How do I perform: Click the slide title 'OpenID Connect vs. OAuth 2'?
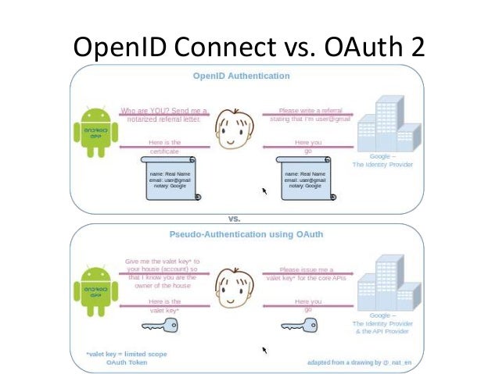(x=249, y=48)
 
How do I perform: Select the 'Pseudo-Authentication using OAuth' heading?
(x=247, y=233)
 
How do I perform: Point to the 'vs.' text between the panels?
(x=234, y=219)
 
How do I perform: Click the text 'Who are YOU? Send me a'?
(x=163, y=111)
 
